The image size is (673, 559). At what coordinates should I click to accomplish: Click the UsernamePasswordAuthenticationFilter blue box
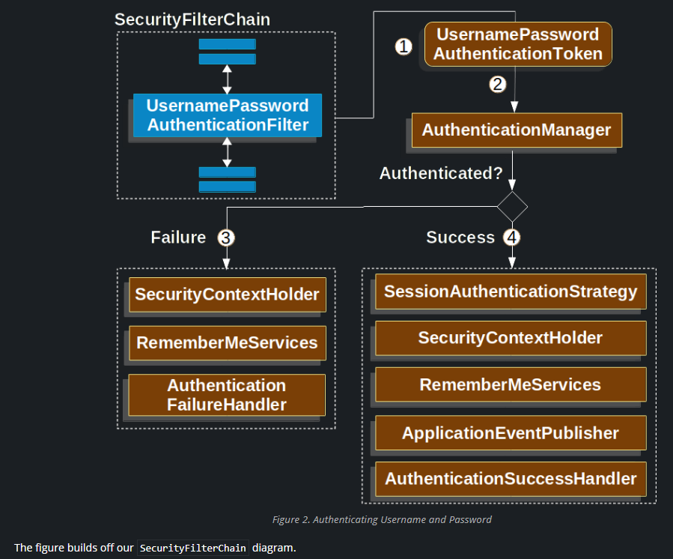pos(228,115)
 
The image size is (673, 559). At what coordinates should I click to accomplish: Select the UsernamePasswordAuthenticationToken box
pos(518,44)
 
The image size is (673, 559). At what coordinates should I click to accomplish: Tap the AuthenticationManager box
pos(517,130)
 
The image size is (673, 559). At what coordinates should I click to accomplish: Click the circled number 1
pos(404,46)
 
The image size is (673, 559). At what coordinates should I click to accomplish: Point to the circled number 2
pos(498,84)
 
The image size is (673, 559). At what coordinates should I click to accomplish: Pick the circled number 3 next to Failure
pos(226,238)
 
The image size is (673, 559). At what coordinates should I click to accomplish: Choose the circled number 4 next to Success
pos(511,238)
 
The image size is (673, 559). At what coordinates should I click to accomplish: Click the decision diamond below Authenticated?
pos(512,207)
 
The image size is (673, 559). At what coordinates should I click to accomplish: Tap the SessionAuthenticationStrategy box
pos(510,291)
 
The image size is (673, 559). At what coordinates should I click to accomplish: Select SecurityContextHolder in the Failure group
pos(228,295)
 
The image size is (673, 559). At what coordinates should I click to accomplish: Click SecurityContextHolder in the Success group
pos(510,338)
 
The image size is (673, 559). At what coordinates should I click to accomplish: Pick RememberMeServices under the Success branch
pos(510,385)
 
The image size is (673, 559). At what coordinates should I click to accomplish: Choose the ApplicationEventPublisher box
pos(510,433)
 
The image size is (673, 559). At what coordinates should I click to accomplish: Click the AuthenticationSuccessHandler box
pos(510,479)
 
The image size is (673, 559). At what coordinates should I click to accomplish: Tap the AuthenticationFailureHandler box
pos(227,395)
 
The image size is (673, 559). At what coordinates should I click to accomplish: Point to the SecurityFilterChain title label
pos(192,19)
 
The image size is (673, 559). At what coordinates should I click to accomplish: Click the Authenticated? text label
pos(441,174)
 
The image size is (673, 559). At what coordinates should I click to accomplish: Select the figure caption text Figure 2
pos(381,519)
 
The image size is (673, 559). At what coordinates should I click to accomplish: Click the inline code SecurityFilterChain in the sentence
pos(193,548)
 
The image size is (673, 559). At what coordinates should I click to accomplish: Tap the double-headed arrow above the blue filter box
pos(228,79)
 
